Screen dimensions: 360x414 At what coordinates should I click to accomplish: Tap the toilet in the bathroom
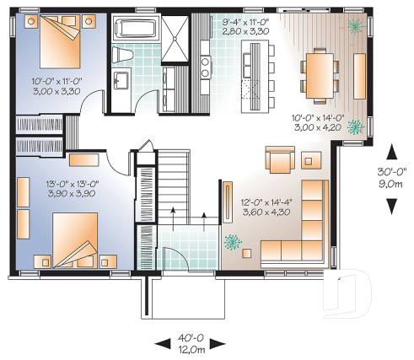(x=124, y=55)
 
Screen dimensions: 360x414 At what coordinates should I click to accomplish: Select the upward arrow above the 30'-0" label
(x=392, y=152)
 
